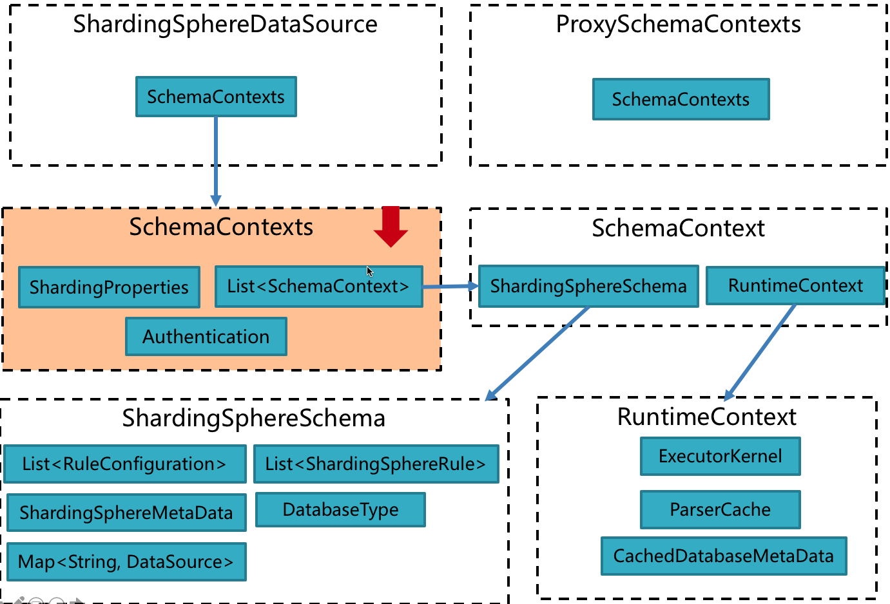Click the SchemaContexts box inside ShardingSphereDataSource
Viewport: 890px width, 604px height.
[x=216, y=97]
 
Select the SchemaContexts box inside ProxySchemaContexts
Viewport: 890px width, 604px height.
[x=681, y=99]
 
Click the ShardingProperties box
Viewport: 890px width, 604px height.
[x=109, y=287]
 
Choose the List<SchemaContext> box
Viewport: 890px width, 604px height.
[x=318, y=287]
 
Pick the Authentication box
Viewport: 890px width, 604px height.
[x=206, y=337]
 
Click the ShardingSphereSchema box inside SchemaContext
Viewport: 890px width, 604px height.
[x=588, y=287]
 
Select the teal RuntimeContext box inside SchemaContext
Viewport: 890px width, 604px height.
[x=795, y=286]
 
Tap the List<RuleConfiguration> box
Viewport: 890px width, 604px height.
[x=124, y=464]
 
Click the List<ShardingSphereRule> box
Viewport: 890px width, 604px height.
[x=376, y=464]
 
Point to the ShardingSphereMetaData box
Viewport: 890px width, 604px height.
[x=126, y=513]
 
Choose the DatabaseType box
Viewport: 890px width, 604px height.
[x=340, y=510]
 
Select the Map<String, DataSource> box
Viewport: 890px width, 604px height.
[x=126, y=562]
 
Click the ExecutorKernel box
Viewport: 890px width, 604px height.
[x=720, y=457]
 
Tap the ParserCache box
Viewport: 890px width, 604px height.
[x=720, y=510]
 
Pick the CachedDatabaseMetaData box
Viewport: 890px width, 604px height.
[x=723, y=556]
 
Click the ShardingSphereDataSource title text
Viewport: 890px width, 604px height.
[x=225, y=24]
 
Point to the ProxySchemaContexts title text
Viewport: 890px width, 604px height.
[x=678, y=24]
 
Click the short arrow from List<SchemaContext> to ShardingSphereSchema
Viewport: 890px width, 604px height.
[x=450, y=287]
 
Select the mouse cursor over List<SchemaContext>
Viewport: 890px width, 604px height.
[x=370, y=271]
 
